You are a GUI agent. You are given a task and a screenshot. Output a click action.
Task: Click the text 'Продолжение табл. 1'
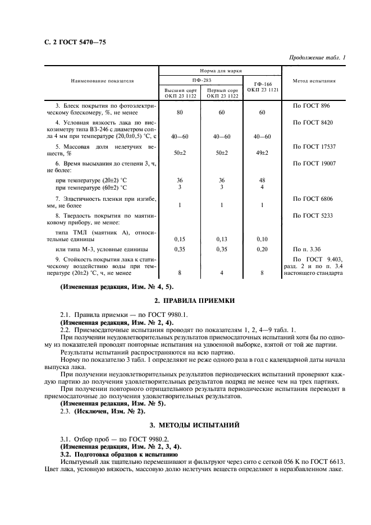click(317, 57)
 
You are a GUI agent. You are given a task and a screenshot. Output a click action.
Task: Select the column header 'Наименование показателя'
click(102, 81)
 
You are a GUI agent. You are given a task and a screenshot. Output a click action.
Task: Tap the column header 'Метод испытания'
click(314, 81)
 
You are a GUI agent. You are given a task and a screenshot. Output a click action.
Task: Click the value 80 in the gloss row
click(180, 113)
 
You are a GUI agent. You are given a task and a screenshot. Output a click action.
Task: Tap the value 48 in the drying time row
click(262, 180)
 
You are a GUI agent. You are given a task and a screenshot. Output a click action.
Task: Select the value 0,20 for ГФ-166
click(262, 248)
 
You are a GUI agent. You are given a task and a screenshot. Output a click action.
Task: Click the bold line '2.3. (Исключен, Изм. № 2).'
click(98, 411)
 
